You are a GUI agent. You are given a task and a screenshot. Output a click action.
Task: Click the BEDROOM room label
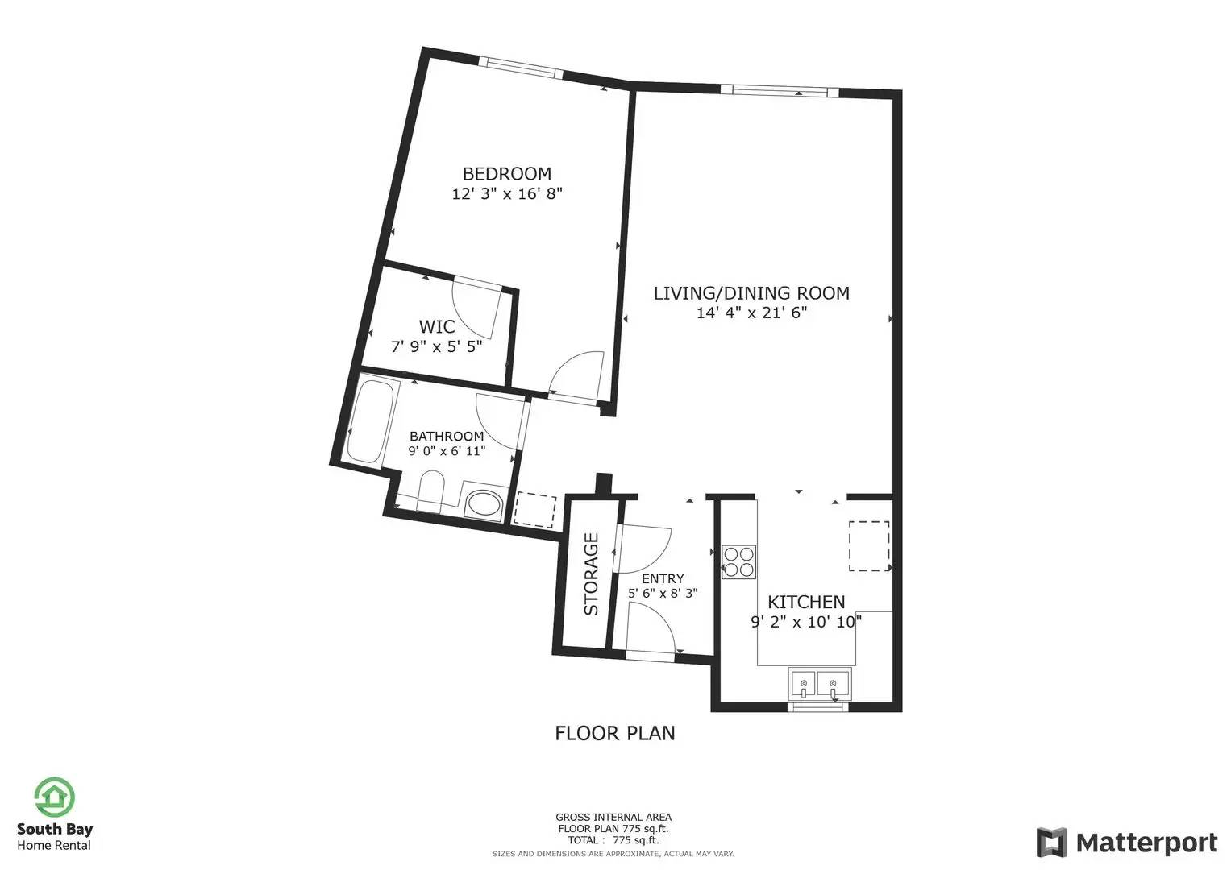[x=507, y=174]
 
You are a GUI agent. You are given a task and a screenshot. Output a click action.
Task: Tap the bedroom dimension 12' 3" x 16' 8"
[x=507, y=194]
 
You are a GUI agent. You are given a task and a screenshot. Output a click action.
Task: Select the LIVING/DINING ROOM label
[x=751, y=293]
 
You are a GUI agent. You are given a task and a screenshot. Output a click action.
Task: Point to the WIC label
[x=437, y=327]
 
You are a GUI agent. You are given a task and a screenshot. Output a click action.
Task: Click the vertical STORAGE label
[x=591, y=574]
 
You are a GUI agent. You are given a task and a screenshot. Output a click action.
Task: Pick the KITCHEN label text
[x=806, y=603]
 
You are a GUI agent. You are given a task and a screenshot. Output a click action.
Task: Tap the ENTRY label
[x=663, y=578]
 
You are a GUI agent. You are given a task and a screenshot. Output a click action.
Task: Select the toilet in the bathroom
[x=430, y=491]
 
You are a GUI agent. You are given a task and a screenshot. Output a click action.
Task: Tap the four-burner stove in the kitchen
[x=738, y=562]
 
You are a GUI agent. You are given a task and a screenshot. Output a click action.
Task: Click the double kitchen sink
[x=819, y=684]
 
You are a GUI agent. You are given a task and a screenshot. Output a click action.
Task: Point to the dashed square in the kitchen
[x=869, y=546]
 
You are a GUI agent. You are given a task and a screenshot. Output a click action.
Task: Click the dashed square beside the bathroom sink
[x=534, y=511]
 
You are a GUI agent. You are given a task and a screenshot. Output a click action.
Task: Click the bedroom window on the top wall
[x=521, y=68]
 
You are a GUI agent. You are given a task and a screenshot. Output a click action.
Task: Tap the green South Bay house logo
[x=54, y=797]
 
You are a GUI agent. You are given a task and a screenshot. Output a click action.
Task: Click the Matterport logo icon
[x=1052, y=842]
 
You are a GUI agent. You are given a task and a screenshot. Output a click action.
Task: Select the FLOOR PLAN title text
[x=615, y=733]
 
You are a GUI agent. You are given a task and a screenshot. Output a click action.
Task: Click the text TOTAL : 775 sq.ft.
[x=613, y=840]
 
